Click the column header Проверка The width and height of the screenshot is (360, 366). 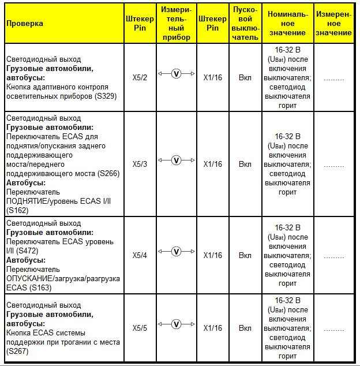coord(25,24)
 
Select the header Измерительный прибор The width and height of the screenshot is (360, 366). coord(176,23)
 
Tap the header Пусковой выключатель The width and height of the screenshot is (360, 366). coord(245,24)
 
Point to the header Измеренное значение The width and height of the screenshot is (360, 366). coord(333,24)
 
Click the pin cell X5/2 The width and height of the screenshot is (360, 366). coord(140,77)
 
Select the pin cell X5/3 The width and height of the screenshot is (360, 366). coord(140,165)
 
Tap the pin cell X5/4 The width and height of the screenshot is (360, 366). coord(140,255)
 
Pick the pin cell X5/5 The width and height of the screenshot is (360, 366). coord(140,328)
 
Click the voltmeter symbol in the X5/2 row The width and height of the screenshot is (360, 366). coord(177,74)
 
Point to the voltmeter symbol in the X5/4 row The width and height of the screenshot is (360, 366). coord(177,252)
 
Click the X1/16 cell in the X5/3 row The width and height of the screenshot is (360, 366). coord(212,165)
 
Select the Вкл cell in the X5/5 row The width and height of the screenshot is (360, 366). coord(245,328)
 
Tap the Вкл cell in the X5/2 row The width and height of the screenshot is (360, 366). coord(245,77)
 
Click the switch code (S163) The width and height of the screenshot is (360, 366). coord(45,287)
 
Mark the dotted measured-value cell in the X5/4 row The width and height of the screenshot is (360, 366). coord(333,255)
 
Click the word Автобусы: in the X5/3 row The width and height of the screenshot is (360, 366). coord(25,182)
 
